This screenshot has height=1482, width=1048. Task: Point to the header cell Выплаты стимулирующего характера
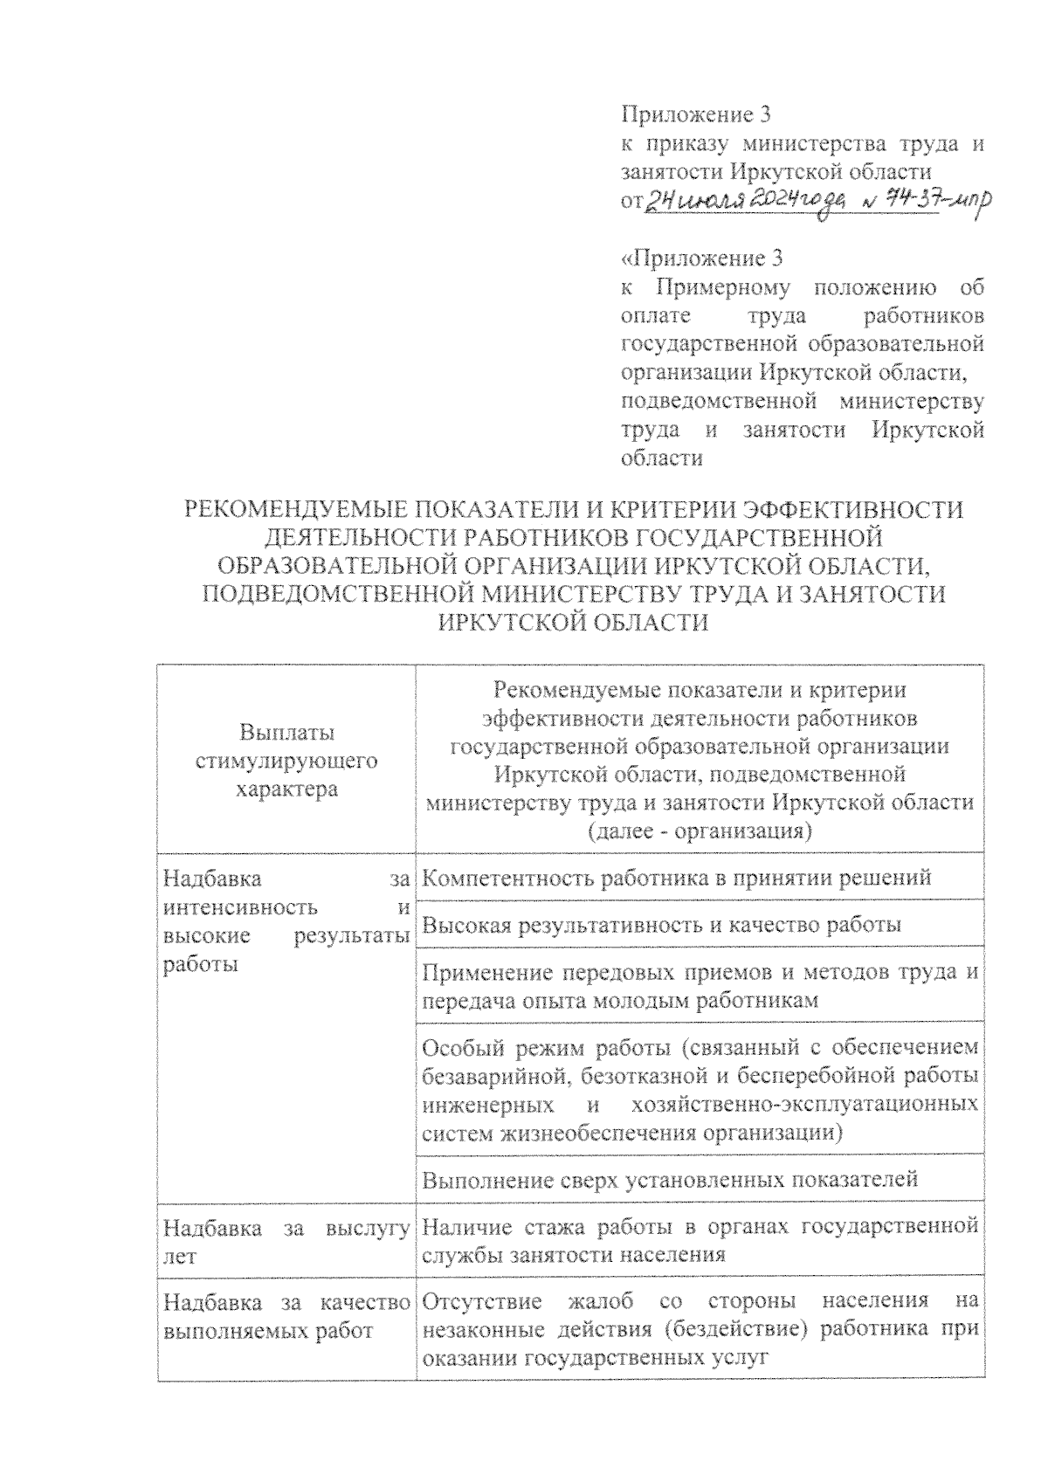pyautogui.click(x=286, y=761)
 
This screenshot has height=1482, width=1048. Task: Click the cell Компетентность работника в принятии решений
pyautogui.click(x=676, y=878)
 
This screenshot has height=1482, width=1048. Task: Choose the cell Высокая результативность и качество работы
pyautogui.click(x=661, y=924)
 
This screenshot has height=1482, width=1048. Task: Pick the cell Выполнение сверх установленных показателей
pyautogui.click(x=670, y=1180)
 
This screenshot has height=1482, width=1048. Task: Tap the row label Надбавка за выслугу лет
pyautogui.click(x=286, y=1242)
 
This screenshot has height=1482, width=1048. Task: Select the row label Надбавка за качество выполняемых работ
pyautogui.click(x=286, y=1317)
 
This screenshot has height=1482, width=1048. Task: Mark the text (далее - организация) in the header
pyautogui.click(x=700, y=831)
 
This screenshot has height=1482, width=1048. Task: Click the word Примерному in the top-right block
pyautogui.click(x=721, y=286)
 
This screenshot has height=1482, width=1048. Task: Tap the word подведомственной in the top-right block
pyautogui.click(x=718, y=402)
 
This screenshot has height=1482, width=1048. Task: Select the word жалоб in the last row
pyautogui.click(x=602, y=1301)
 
